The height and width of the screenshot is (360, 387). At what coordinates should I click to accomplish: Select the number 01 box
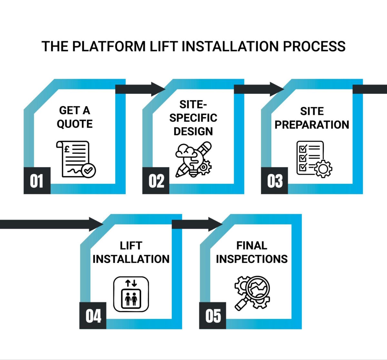pyautogui.click(x=37, y=181)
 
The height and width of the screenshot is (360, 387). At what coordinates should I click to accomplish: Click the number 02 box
pyautogui.click(x=156, y=181)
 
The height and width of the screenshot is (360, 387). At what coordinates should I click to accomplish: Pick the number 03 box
pyautogui.click(x=274, y=181)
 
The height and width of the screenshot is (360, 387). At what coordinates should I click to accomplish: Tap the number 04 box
pyautogui.click(x=93, y=315)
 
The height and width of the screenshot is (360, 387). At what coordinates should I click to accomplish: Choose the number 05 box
pyautogui.click(x=213, y=315)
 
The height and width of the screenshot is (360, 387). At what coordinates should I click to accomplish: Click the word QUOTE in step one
pyautogui.click(x=75, y=124)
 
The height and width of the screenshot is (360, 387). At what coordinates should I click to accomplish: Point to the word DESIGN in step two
pyautogui.click(x=193, y=131)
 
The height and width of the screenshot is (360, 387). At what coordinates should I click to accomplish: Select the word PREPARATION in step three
pyautogui.click(x=312, y=125)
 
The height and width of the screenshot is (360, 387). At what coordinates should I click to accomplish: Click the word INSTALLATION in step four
pyautogui.click(x=131, y=259)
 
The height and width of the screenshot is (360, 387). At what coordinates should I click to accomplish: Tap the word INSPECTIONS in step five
pyautogui.click(x=252, y=259)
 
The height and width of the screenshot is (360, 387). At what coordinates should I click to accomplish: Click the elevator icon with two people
pyautogui.click(x=131, y=294)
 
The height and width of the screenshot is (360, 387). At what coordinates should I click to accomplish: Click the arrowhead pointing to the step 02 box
pyautogui.click(x=158, y=89)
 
